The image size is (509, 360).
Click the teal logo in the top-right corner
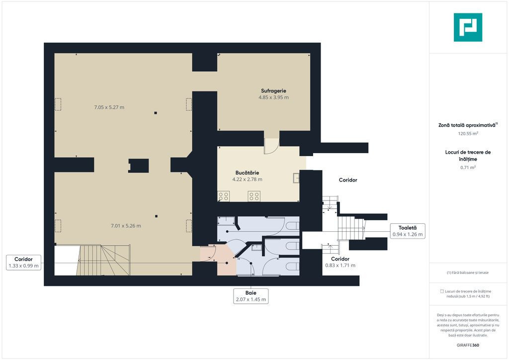(468, 27)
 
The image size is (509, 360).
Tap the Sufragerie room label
(273, 91)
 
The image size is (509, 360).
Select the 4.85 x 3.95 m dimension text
(273, 97)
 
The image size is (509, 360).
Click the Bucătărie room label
(247, 173)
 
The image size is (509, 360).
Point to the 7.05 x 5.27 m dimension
(109, 107)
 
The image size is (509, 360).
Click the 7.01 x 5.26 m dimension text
(126, 226)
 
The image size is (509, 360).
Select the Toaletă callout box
(408, 231)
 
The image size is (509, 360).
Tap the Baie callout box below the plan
(251, 296)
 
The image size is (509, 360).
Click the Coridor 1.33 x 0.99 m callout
(23, 262)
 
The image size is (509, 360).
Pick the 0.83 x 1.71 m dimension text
(340, 265)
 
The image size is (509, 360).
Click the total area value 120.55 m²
(468, 133)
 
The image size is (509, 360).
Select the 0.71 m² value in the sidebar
(468, 168)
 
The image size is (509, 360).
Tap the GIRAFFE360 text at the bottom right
(468, 345)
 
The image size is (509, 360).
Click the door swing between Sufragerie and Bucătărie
(272, 146)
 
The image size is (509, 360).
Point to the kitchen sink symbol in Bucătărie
(296, 178)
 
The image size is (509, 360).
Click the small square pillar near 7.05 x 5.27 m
(156, 113)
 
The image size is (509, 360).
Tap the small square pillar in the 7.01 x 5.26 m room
(156, 216)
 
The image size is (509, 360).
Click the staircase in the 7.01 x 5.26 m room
(104, 260)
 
